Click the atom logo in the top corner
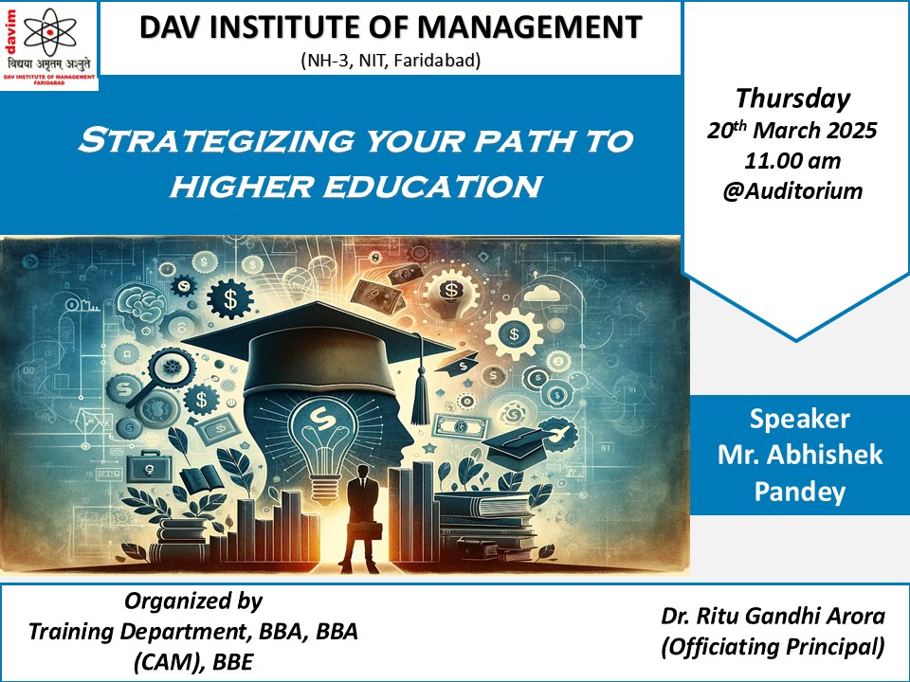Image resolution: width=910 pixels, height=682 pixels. (x=50, y=30)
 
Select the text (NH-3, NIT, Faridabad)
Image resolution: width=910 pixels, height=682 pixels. (x=391, y=60)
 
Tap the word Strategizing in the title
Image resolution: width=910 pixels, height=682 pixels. (x=216, y=140)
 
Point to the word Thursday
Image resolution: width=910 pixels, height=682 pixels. (x=792, y=99)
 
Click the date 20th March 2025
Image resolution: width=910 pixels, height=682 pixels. (x=792, y=130)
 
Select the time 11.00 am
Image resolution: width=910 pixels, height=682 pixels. (x=792, y=161)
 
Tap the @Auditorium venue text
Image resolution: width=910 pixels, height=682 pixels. (x=792, y=190)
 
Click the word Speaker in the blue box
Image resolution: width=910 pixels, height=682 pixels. (x=800, y=419)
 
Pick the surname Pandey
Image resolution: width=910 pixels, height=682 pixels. (x=800, y=492)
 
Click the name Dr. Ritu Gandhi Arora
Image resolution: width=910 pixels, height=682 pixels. (x=773, y=616)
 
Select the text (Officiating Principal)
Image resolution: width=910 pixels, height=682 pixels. (x=773, y=645)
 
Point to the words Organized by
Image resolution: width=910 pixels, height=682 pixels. (x=193, y=601)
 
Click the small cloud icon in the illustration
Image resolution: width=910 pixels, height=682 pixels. (x=541, y=294)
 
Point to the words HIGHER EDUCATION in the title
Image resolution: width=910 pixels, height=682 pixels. (x=356, y=187)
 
